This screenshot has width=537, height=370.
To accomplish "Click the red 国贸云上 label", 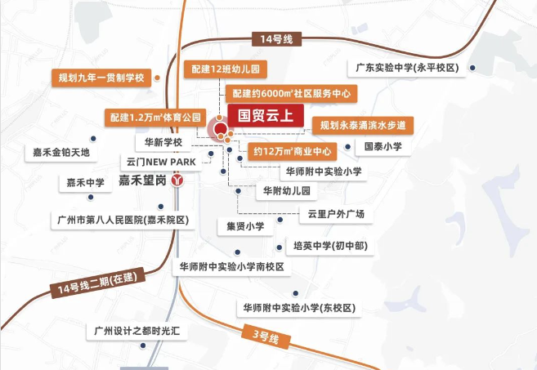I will click(x=259, y=115).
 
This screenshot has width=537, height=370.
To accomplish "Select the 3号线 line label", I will click(x=265, y=335).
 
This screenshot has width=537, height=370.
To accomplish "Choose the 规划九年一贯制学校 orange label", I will click(x=101, y=78).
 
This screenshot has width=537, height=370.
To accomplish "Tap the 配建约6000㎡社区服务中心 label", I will click(x=289, y=94).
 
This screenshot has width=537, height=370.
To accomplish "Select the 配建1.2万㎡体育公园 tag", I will click(x=154, y=118).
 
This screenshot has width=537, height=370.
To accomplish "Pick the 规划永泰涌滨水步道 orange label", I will click(x=363, y=125).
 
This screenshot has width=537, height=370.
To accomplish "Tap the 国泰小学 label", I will click(x=383, y=147).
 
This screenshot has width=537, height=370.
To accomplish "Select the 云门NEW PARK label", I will click(x=162, y=162).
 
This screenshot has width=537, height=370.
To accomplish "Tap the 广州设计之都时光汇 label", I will click(x=126, y=332).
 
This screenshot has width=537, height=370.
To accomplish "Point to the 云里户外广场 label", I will click(x=335, y=214).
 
